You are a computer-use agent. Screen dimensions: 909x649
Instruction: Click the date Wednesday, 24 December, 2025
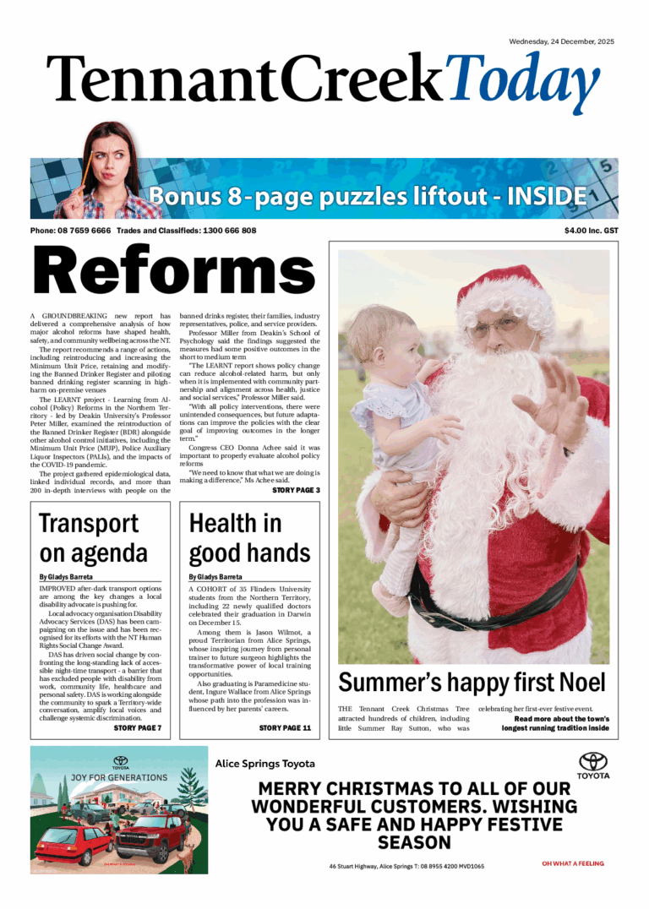(561, 41)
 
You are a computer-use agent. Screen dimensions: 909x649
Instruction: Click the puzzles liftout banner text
(368, 198)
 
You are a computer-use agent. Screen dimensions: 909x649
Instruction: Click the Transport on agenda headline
(93, 538)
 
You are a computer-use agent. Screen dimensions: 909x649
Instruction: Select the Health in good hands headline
(249, 538)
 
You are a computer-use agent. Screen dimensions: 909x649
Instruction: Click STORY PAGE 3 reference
(295, 490)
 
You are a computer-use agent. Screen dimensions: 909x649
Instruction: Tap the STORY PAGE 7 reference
(138, 727)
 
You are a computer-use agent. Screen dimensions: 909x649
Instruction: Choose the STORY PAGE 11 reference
(285, 727)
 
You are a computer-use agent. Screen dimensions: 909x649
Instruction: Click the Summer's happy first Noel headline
(472, 682)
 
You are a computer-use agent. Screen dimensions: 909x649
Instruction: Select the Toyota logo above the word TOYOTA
(592, 761)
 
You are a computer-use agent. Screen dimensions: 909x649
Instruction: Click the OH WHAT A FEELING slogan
(572, 863)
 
